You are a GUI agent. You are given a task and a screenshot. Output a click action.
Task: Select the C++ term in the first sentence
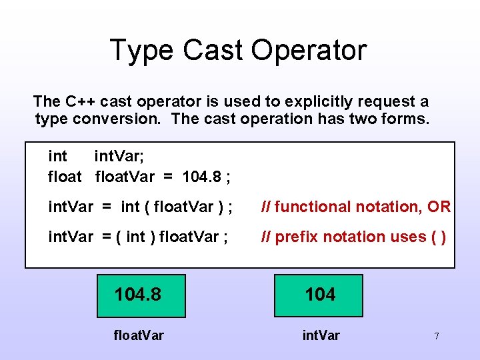(79, 101)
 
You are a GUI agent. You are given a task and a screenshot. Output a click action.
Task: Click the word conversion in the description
(113, 119)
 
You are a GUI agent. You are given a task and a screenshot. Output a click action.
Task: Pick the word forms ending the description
(407, 119)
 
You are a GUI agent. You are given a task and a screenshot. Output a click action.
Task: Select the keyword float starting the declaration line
(65, 177)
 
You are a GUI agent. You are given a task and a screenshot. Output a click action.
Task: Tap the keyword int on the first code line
(58, 157)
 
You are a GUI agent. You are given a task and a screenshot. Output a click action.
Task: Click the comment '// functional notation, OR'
(355, 207)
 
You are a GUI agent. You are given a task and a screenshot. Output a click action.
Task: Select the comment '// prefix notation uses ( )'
(353, 237)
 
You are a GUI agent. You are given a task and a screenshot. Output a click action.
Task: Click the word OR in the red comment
(439, 207)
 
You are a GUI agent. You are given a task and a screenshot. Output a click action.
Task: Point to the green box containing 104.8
(141, 295)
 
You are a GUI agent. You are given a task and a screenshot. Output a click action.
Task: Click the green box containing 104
(319, 295)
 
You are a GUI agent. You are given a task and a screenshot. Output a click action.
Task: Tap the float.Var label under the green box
(138, 335)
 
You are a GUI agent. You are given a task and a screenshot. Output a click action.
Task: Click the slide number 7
(436, 336)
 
